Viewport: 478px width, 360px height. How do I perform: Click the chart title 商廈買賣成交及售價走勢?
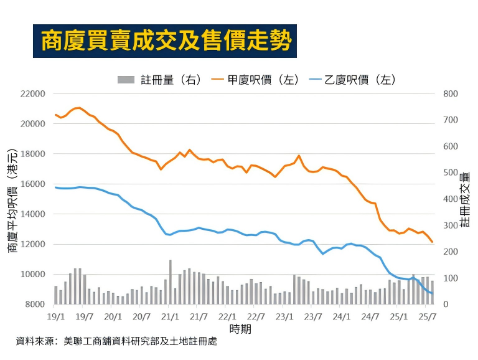click(x=165, y=40)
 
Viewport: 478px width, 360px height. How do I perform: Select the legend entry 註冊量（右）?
click(x=159, y=79)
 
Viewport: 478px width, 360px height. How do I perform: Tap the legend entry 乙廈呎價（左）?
click(x=352, y=79)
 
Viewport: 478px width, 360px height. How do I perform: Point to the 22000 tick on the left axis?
click(x=33, y=94)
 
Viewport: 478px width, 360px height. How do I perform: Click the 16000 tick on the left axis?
click(x=33, y=184)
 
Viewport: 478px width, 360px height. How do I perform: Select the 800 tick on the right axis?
click(x=450, y=94)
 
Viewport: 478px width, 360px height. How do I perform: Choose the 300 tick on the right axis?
click(x=450, y=225)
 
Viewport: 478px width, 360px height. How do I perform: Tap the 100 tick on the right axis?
click(x=450, y=278)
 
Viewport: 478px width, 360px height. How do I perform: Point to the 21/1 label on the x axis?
click(x=170, y=316)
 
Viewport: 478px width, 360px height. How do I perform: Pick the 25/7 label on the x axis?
click(x=427, y=316)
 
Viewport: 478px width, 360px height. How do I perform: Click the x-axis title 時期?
click(x=241, y=328)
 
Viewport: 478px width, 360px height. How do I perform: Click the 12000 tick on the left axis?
click(x=33, y=244)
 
